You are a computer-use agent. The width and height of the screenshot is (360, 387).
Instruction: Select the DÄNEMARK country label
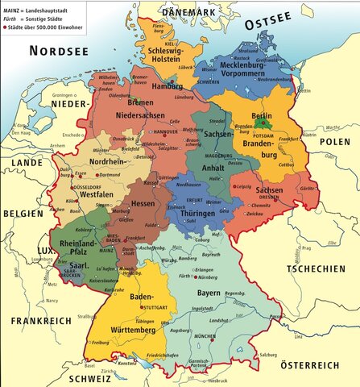point(192,13)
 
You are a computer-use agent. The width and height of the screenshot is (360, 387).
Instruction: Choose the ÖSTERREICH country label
point(307,365)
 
